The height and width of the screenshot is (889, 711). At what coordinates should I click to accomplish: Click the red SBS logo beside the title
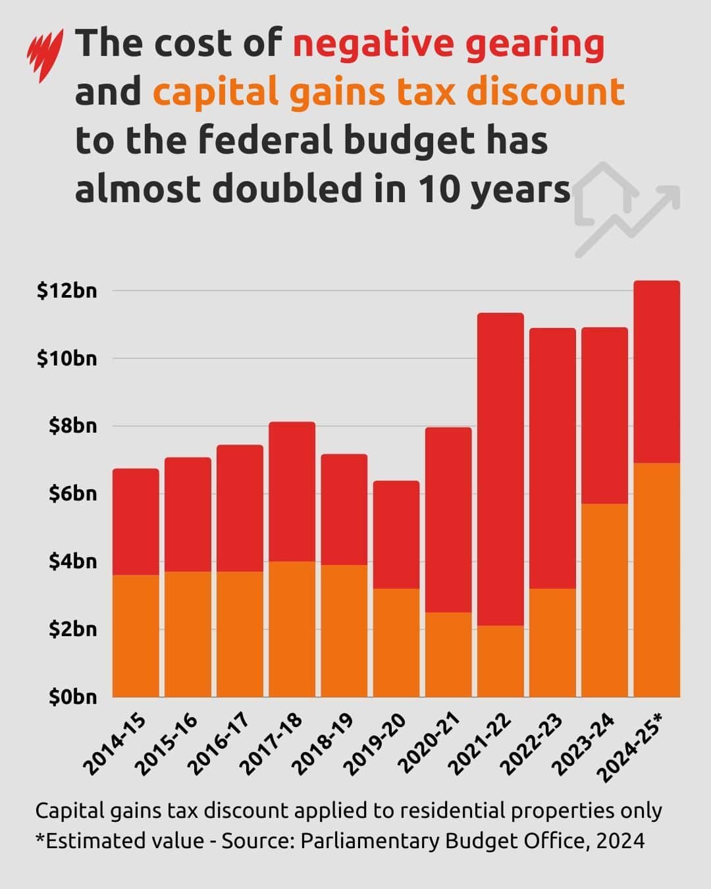[x=45, y=55]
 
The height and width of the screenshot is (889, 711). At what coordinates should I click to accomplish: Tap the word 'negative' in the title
[x=373, y=44]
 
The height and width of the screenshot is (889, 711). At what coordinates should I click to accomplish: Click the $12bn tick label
[x=67, y=290]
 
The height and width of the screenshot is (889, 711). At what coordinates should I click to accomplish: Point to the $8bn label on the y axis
[x=73, y=426]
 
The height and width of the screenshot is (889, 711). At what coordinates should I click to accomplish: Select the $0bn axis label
[x=73, y=697]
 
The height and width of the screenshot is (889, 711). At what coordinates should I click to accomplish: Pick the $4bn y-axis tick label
[x=73, y=562]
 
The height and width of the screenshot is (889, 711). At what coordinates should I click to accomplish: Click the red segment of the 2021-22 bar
[x=500, y=470]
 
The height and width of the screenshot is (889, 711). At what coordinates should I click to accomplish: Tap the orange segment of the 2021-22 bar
[x=500, y=661]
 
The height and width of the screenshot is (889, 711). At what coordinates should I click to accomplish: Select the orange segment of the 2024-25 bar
[x=656, y=580]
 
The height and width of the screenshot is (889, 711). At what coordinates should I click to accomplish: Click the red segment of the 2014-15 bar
[x=136, y=522]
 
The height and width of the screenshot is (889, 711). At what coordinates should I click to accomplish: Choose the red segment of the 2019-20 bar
[x=396, y=535]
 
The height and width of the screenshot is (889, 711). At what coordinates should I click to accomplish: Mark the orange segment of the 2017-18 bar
[x=292, y=630]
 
